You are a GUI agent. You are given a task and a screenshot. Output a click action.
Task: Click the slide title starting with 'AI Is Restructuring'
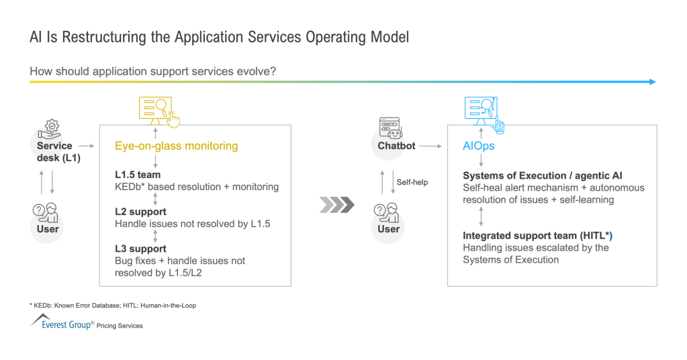[219, 36]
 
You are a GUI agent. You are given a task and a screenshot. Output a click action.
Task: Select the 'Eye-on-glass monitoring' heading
[176, 146]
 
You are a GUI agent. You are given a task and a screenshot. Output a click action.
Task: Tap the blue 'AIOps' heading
[479, 146]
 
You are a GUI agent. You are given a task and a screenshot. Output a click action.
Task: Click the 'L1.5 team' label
[138, 175]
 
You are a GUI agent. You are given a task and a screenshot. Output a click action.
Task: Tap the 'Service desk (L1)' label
[54, 151]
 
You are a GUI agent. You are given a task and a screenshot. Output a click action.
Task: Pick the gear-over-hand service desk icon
[53, 129]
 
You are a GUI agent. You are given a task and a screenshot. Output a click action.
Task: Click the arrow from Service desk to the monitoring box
[86, 144]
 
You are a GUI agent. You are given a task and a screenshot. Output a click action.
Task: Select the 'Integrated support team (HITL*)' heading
[537, 236]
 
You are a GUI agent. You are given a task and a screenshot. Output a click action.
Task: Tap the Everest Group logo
[62, 323]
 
